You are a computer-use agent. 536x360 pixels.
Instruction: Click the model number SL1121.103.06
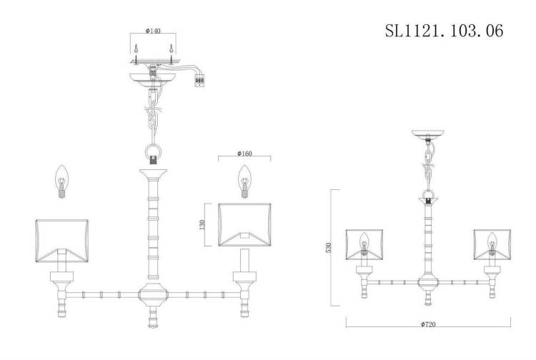pos(444,31)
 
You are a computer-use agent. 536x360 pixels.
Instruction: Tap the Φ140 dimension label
pos(153,31)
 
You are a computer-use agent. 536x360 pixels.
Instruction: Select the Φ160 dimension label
pos(244,154)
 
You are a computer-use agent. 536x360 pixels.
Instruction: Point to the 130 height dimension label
pos(202,224)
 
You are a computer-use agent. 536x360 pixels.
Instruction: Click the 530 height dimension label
pos(329,247)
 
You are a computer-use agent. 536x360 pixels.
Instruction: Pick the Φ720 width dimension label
pos(428,324)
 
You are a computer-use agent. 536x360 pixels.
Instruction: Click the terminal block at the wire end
pos(199,81)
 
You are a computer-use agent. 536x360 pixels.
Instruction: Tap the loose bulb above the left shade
pos(62,181)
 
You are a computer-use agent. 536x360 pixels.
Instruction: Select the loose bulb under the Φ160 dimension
pos(244,181)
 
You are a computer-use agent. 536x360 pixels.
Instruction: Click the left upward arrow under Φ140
pos(136,54)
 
